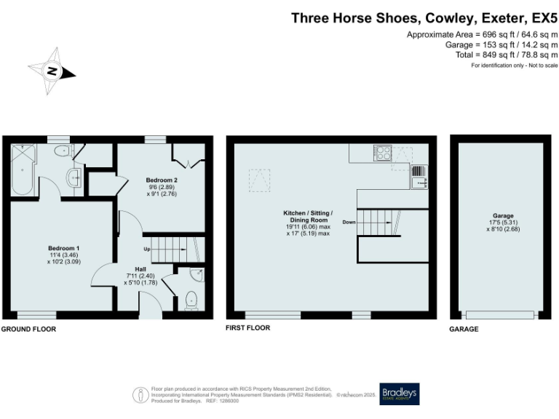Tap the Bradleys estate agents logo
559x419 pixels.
(x=400, y=394)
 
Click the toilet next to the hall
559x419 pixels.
(x=191, y=299)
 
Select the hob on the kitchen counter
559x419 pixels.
(x=382, y=153)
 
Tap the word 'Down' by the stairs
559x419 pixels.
(x=349, y=222)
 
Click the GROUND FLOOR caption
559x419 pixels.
(x=28, y=329)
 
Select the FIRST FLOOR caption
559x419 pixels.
(x=248, y=328)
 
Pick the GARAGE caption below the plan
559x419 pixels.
(x=463, y=329)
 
